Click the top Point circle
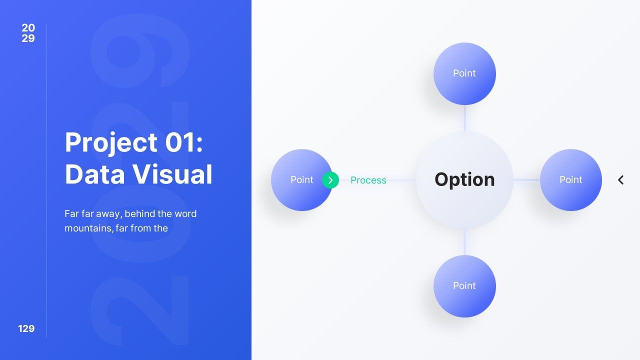pos(464,73)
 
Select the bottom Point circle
pos(464,286)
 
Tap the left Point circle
pos(301,180)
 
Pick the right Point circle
pos(571,180)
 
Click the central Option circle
pos(464,180)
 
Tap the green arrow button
pos(330,180)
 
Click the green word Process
pos(368,180)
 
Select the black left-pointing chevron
pos(620,180)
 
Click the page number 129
pos(26,328)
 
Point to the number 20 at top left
pos(28,27)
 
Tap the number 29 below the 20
pos(28,38)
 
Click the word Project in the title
pos(111,143)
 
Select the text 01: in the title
pos(184,142)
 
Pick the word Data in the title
pos(94,174)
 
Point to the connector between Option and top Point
pos(464,118)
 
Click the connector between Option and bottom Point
pos(464,242)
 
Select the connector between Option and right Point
pos(526,180)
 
